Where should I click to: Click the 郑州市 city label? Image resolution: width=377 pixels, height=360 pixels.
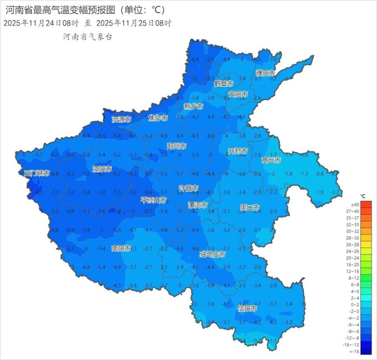(176, 146)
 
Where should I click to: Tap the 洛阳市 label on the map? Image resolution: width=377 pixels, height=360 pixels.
(102, 169)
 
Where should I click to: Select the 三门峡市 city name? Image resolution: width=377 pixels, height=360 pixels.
(37, 173)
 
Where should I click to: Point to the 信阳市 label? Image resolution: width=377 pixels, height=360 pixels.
(247, 309)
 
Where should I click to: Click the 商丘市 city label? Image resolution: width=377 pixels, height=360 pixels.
(271, 160)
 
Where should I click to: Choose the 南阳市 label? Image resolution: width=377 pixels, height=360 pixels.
(121, 248)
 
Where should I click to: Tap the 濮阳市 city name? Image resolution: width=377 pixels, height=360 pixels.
(265, 73)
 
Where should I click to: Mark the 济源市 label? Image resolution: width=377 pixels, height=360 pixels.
(121, 119)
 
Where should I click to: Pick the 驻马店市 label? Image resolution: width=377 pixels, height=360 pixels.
(212, 254)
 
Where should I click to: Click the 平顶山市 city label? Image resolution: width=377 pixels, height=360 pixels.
(154, 200)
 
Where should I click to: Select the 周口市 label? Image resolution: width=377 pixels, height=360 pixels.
(250, 207)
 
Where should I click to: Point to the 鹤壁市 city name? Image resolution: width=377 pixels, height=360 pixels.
(224, 84)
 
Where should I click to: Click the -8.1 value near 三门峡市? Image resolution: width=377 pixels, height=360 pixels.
(38, 192)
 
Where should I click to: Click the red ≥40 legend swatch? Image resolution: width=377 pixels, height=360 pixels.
(366, 205)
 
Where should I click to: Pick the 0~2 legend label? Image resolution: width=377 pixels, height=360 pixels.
(355, 305)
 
